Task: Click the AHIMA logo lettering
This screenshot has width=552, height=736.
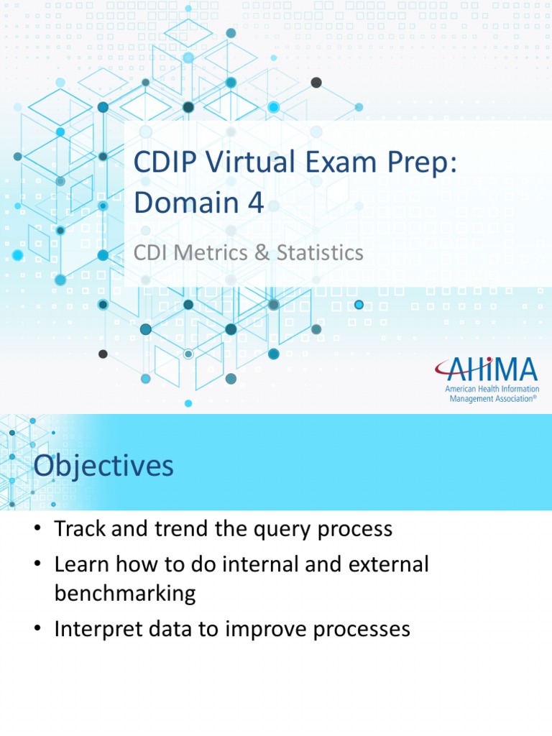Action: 486,370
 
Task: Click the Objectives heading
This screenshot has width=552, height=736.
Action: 103,466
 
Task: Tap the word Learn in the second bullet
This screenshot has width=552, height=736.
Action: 80,564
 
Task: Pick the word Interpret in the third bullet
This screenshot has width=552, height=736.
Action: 98,630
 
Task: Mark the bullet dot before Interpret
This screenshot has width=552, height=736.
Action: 38,630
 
